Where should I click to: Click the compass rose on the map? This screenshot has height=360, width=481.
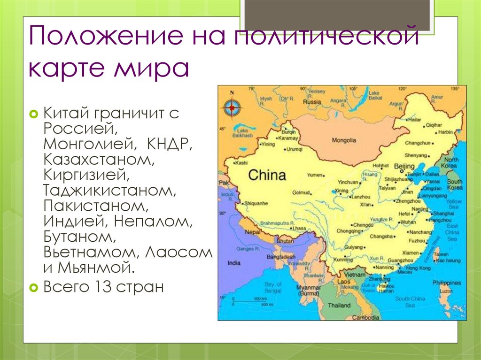pos(231,108)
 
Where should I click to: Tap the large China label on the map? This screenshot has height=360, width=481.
pos(266,176)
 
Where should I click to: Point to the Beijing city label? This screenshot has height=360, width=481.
pos(404,166)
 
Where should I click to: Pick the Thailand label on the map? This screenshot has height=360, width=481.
pos(339,305)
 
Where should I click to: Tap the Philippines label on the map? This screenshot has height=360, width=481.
pos(447,283)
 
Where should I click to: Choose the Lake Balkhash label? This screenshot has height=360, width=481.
pos(242,132)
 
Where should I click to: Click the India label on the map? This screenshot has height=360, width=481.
pos(233,263)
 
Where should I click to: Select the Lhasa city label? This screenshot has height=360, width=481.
pos(299,228)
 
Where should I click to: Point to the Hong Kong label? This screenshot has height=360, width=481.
pos(418,268)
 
